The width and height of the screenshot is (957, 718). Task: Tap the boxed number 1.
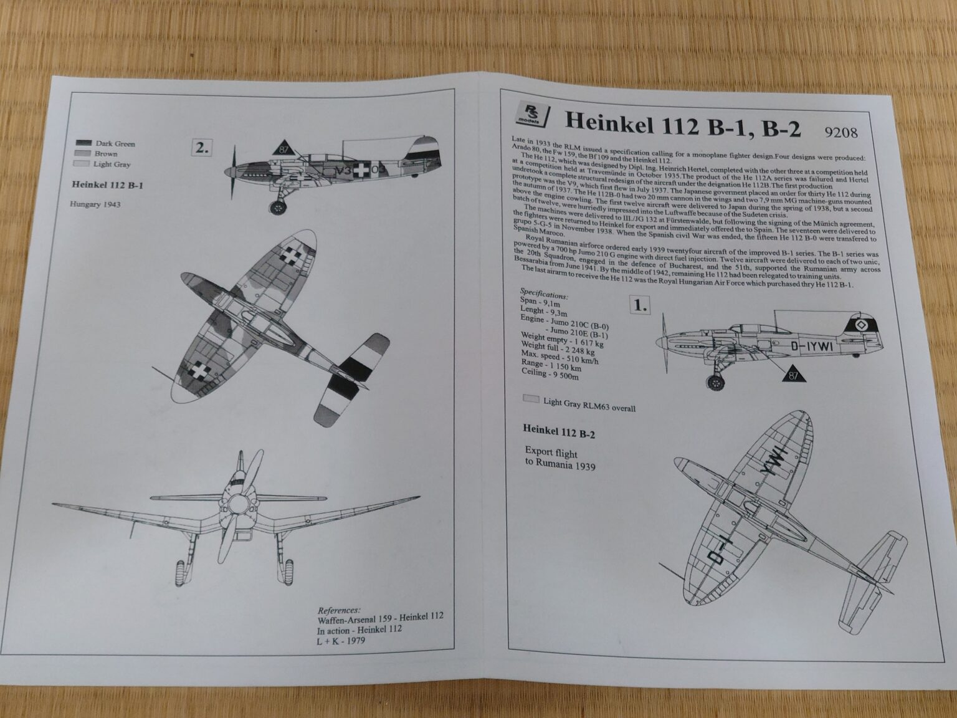(640, 306)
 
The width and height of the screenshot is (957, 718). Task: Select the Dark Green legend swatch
(83, 143)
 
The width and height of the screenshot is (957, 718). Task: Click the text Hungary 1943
(95, 204)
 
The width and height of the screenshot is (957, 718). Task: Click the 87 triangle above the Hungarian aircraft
(284, 148)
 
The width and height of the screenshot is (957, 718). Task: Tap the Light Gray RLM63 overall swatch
(531, 398)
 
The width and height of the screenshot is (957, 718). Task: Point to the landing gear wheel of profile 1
(717, 381)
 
